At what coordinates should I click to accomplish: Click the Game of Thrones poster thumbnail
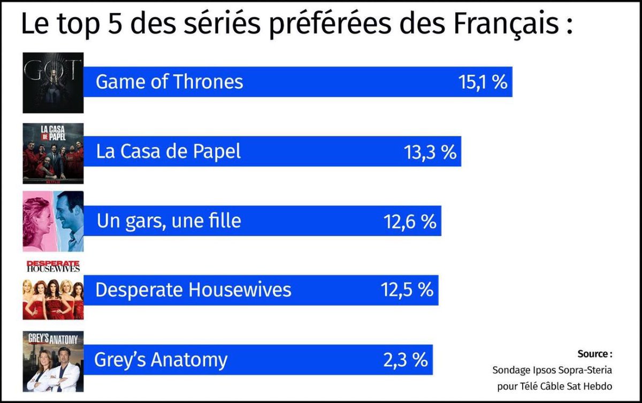click(53, 82)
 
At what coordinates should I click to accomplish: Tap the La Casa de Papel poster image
click(53, 154)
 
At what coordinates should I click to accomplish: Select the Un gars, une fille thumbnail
click(53, 221)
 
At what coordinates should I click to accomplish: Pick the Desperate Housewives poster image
click(53, 290)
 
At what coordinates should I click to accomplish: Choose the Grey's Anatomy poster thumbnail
click(53, 361)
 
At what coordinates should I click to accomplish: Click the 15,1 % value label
click(482, 82)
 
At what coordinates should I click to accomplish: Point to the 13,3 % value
click(430, 151)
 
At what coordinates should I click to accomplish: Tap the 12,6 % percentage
click(410, 221)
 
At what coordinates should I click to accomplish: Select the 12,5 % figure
click(407, 290)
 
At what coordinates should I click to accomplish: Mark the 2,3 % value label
click(405, 359)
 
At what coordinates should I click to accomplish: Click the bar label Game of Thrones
click(169, 82)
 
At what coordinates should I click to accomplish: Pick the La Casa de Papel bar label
click(169, 151)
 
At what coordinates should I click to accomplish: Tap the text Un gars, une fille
click(169, 221)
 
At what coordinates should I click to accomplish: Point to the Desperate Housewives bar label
click(193, 290)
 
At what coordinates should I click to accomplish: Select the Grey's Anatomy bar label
click(161, 359)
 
